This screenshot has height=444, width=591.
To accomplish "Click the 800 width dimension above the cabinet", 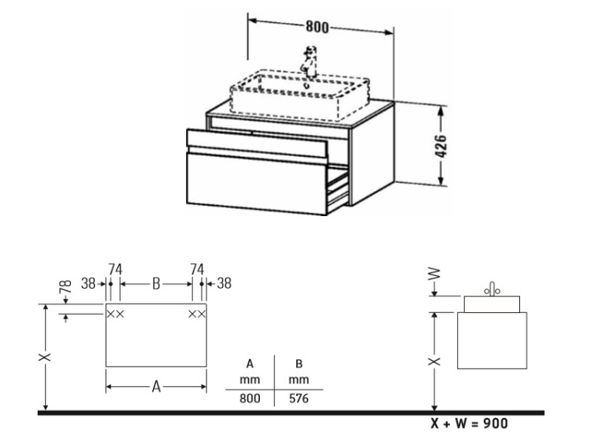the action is [x=317, y=27].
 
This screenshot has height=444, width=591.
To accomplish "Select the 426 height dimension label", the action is [x=440, y=146].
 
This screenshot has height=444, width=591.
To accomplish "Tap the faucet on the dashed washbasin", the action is [x=310, y=62].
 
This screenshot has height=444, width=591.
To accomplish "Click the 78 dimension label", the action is [x=65, y=287].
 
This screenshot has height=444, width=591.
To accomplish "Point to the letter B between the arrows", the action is [x=156, y=284].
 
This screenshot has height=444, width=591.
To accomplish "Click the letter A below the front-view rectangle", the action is [x=156, y=386].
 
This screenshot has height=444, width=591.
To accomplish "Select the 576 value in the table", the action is [x=299, y=398].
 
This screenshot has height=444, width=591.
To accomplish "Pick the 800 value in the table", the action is [x=250, y=398].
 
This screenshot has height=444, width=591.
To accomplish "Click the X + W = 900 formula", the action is [x=470, y=423].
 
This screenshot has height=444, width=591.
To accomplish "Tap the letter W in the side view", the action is [x=435, y=273].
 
